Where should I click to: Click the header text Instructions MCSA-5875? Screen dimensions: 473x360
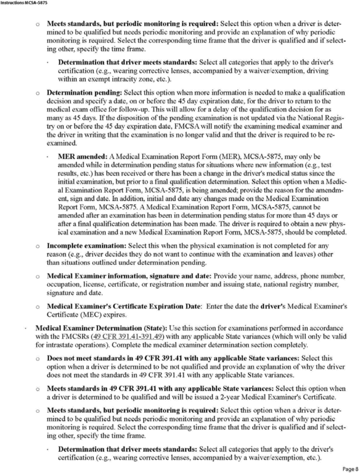coord(24,4)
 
